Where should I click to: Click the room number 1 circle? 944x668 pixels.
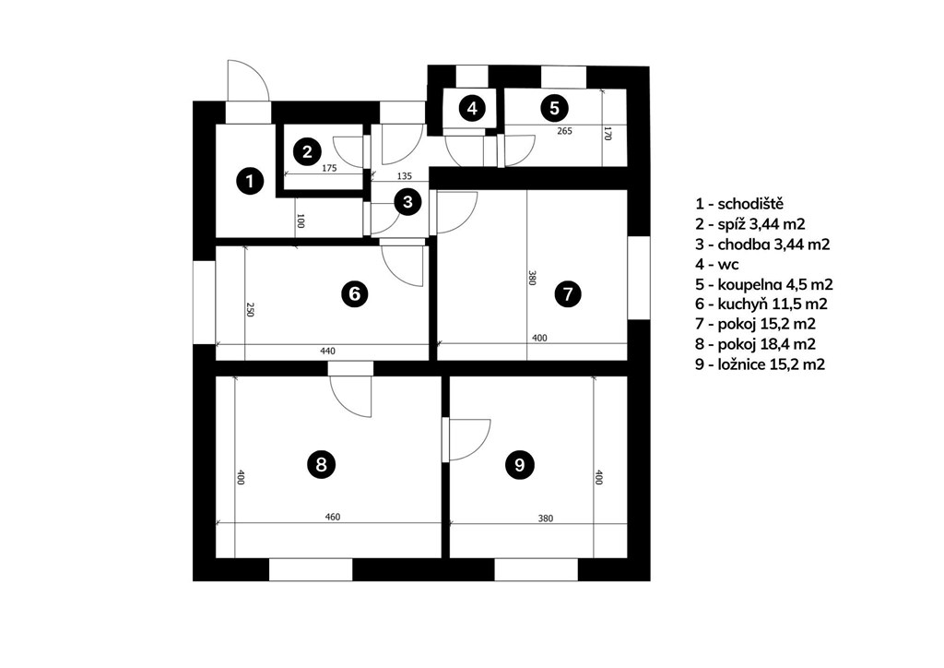(250, 181)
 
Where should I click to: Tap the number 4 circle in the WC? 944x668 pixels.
(473, 109)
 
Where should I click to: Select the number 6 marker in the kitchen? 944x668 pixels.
(354, 294)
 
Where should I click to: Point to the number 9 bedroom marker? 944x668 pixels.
(520, 465)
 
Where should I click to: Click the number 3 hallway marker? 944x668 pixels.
(407, 202)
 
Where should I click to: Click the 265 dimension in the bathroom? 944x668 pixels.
(565, 131)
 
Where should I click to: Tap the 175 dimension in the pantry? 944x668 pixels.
(329, 168)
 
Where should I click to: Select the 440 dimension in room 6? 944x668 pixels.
(327, 352)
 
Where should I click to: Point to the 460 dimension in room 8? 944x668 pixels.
(332, 517)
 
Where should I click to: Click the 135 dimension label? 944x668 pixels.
(405, 176)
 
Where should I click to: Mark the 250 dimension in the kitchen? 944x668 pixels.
(251, 310)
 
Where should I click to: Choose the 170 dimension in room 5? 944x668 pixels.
(608, 134)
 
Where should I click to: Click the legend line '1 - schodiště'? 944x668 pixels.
(739, 204)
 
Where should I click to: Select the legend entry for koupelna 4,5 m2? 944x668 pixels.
(764, 284)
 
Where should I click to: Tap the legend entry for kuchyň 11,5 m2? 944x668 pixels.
(761, 304)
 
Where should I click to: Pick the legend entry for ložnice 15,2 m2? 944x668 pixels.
(760, 364)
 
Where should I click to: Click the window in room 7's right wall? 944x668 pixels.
(639, 278)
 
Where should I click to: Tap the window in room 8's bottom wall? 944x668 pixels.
(311, 570)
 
